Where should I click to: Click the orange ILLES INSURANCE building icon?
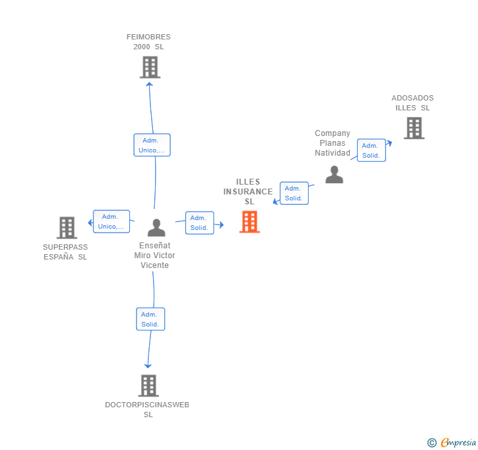tap(250, 222)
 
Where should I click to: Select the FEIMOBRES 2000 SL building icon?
tap(150, 67)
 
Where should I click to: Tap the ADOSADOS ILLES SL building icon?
tap(414, 128)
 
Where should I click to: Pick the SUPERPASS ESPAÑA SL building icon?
tap(67, 227)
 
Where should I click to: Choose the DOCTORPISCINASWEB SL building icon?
tap(148, 386)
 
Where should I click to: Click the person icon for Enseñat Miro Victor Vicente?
tap(156, 227)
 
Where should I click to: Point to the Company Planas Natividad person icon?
tap(334, 175)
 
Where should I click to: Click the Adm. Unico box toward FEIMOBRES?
tap(152, 145)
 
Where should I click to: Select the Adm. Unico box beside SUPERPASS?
tap(111, 221)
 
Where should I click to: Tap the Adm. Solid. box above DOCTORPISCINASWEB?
tap(150, 319)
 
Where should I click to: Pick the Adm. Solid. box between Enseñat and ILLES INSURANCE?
tap(200, 223)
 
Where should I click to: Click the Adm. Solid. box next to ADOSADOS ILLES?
tap(372, 150)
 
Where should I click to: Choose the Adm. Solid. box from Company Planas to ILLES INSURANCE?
tap(294, 193)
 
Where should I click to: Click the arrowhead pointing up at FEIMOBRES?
tap(149, 84)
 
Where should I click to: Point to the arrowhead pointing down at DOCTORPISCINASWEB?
tap(148, 366)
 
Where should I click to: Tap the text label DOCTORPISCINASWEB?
tap(147, 405)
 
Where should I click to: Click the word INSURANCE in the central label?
tap(248, 192)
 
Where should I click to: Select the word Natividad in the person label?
tap(332, 153)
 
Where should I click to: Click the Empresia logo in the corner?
tap(452, 442)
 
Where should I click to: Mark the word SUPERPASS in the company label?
tap(65, 247)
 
